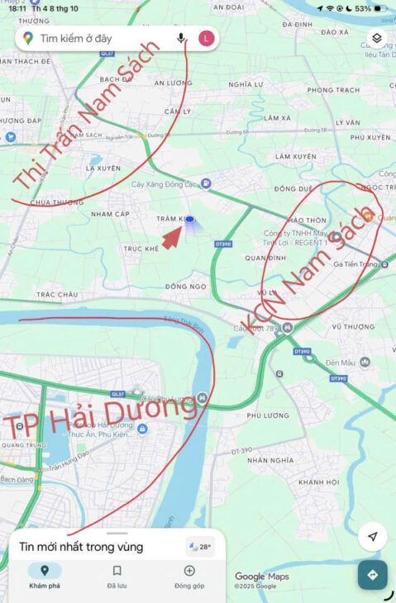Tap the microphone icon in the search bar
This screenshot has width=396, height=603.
(181, 38)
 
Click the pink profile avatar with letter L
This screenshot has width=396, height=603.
(206, 38)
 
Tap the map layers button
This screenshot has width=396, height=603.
(375, 38)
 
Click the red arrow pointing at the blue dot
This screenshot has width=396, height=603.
(172, 237)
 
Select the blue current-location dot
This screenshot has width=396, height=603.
(190, 219)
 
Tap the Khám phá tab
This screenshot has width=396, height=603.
(45, 575)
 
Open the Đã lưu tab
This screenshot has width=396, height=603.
(117, 575)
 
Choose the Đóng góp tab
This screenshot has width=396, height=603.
(189, 575)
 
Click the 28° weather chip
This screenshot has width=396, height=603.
(200, 546)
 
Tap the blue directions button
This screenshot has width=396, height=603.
(372, 575)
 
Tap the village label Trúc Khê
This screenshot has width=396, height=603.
(141, 249)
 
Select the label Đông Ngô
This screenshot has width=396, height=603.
(184, 286)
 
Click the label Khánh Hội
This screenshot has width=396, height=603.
(318, 482)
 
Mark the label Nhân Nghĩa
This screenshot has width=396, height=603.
(270, 460)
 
